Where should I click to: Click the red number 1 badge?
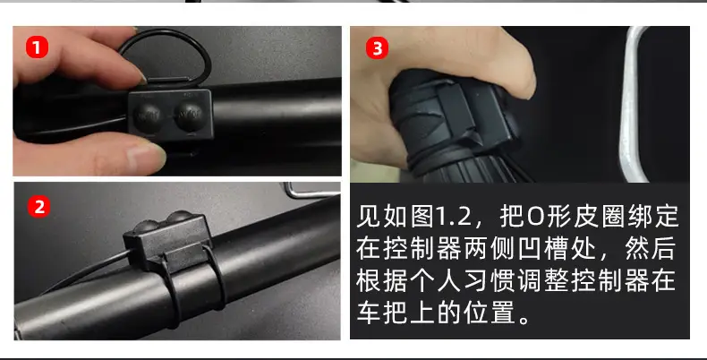coord(37,47)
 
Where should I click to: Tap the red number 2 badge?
coord(39,207)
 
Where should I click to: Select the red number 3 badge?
coord(377,47)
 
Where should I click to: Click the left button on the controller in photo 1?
coord(148,116)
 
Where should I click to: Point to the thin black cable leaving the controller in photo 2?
coord(86,270)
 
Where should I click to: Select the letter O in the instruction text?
coord(536,217)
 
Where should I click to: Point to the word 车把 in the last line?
coord(383,313)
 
